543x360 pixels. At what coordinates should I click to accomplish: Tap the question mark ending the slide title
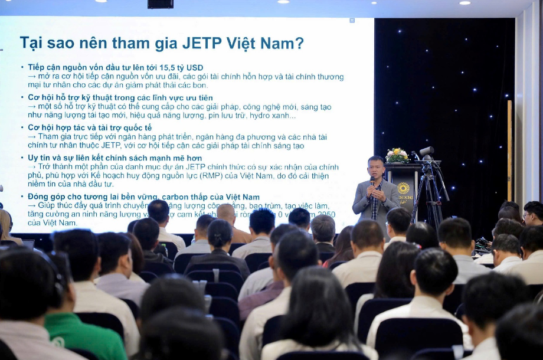299,43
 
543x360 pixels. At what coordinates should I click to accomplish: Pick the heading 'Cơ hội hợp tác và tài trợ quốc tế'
90,127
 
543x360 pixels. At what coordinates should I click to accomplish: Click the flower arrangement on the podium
397,156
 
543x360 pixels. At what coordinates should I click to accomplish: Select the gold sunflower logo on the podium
403,188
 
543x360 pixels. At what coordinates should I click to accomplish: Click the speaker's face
375,168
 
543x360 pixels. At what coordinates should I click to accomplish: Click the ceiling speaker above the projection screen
161,4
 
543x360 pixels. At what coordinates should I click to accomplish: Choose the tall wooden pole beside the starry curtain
509,150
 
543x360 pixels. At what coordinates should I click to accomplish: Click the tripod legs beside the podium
433,198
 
